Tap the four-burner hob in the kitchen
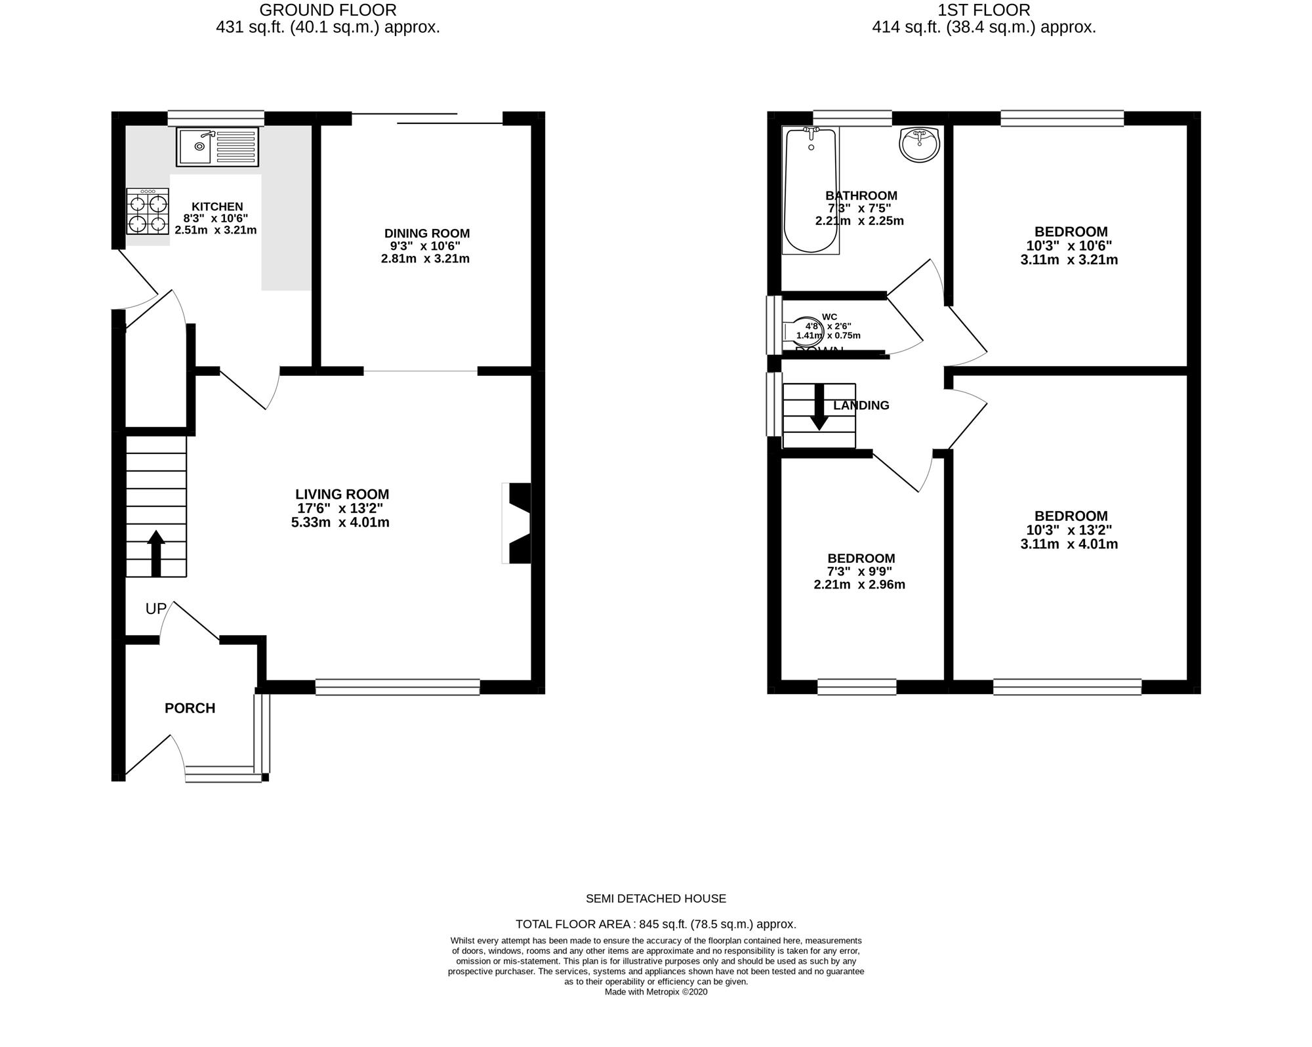click(148, 212)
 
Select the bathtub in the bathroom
click(811, 190)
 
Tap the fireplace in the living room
click(516, 523)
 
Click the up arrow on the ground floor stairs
click(155, 554)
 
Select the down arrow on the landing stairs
click(819, 407)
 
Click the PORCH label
click(190, 708)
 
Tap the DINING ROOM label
click(427, 234)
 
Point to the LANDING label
click(861, 405)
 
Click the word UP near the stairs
click(156, 609)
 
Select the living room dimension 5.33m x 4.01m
click(340, 523)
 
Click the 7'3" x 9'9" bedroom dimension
click(859, 571)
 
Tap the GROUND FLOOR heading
click(328, 10)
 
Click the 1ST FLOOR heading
click(984, 10)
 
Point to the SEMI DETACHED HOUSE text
click(656, 899)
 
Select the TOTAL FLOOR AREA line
click(656, 924)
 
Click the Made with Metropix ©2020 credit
click(656, 992)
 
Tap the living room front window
click(398, 687)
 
